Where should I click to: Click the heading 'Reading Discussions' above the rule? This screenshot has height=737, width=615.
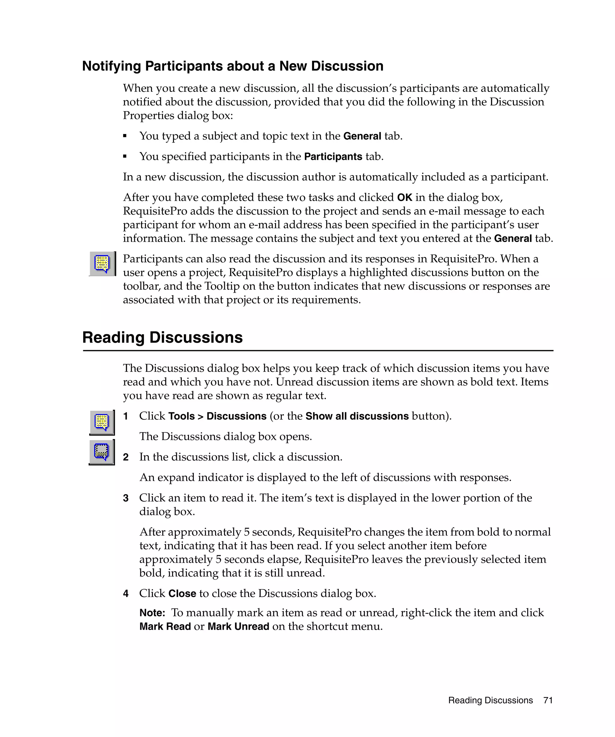(162, 337)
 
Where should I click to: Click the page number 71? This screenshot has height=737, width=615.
(548, 700)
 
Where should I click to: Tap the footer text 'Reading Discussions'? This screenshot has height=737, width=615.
(490, 700)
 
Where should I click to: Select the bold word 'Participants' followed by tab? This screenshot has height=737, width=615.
(333, 157)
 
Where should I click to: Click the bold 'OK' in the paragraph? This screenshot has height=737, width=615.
(404, 198)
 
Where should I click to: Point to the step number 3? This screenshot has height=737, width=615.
(126, 498)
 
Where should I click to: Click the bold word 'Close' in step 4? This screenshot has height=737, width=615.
(182, 593)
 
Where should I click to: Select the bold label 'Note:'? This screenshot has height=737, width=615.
(152, 613)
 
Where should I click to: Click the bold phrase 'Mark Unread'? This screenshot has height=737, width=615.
(238, 626)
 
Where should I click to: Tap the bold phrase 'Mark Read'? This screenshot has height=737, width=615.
(165, 626)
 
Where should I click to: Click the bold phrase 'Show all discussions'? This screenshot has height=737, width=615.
(357, 416)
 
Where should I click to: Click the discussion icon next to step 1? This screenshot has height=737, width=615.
(102, 422)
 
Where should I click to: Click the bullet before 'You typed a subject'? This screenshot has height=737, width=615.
(125, 136)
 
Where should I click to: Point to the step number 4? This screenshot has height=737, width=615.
(126, 594)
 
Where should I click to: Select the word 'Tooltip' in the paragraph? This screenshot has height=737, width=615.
(222, 286)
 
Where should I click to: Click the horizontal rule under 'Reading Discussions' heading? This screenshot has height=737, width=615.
(318, 350)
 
